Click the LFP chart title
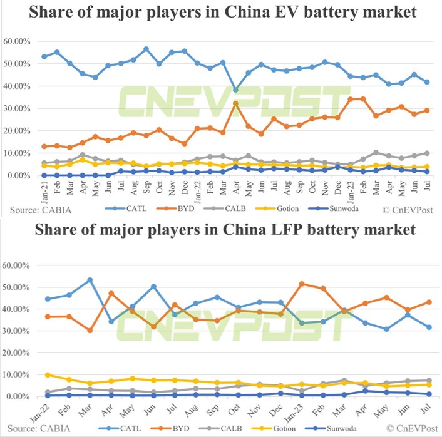pos(220,230)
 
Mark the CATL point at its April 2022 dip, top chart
pos(235,90)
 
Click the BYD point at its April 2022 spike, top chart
pos(235,103)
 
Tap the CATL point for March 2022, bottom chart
pos(90,280)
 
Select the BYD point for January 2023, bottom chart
pos(302,284)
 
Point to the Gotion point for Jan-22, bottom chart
pos(48,375)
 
